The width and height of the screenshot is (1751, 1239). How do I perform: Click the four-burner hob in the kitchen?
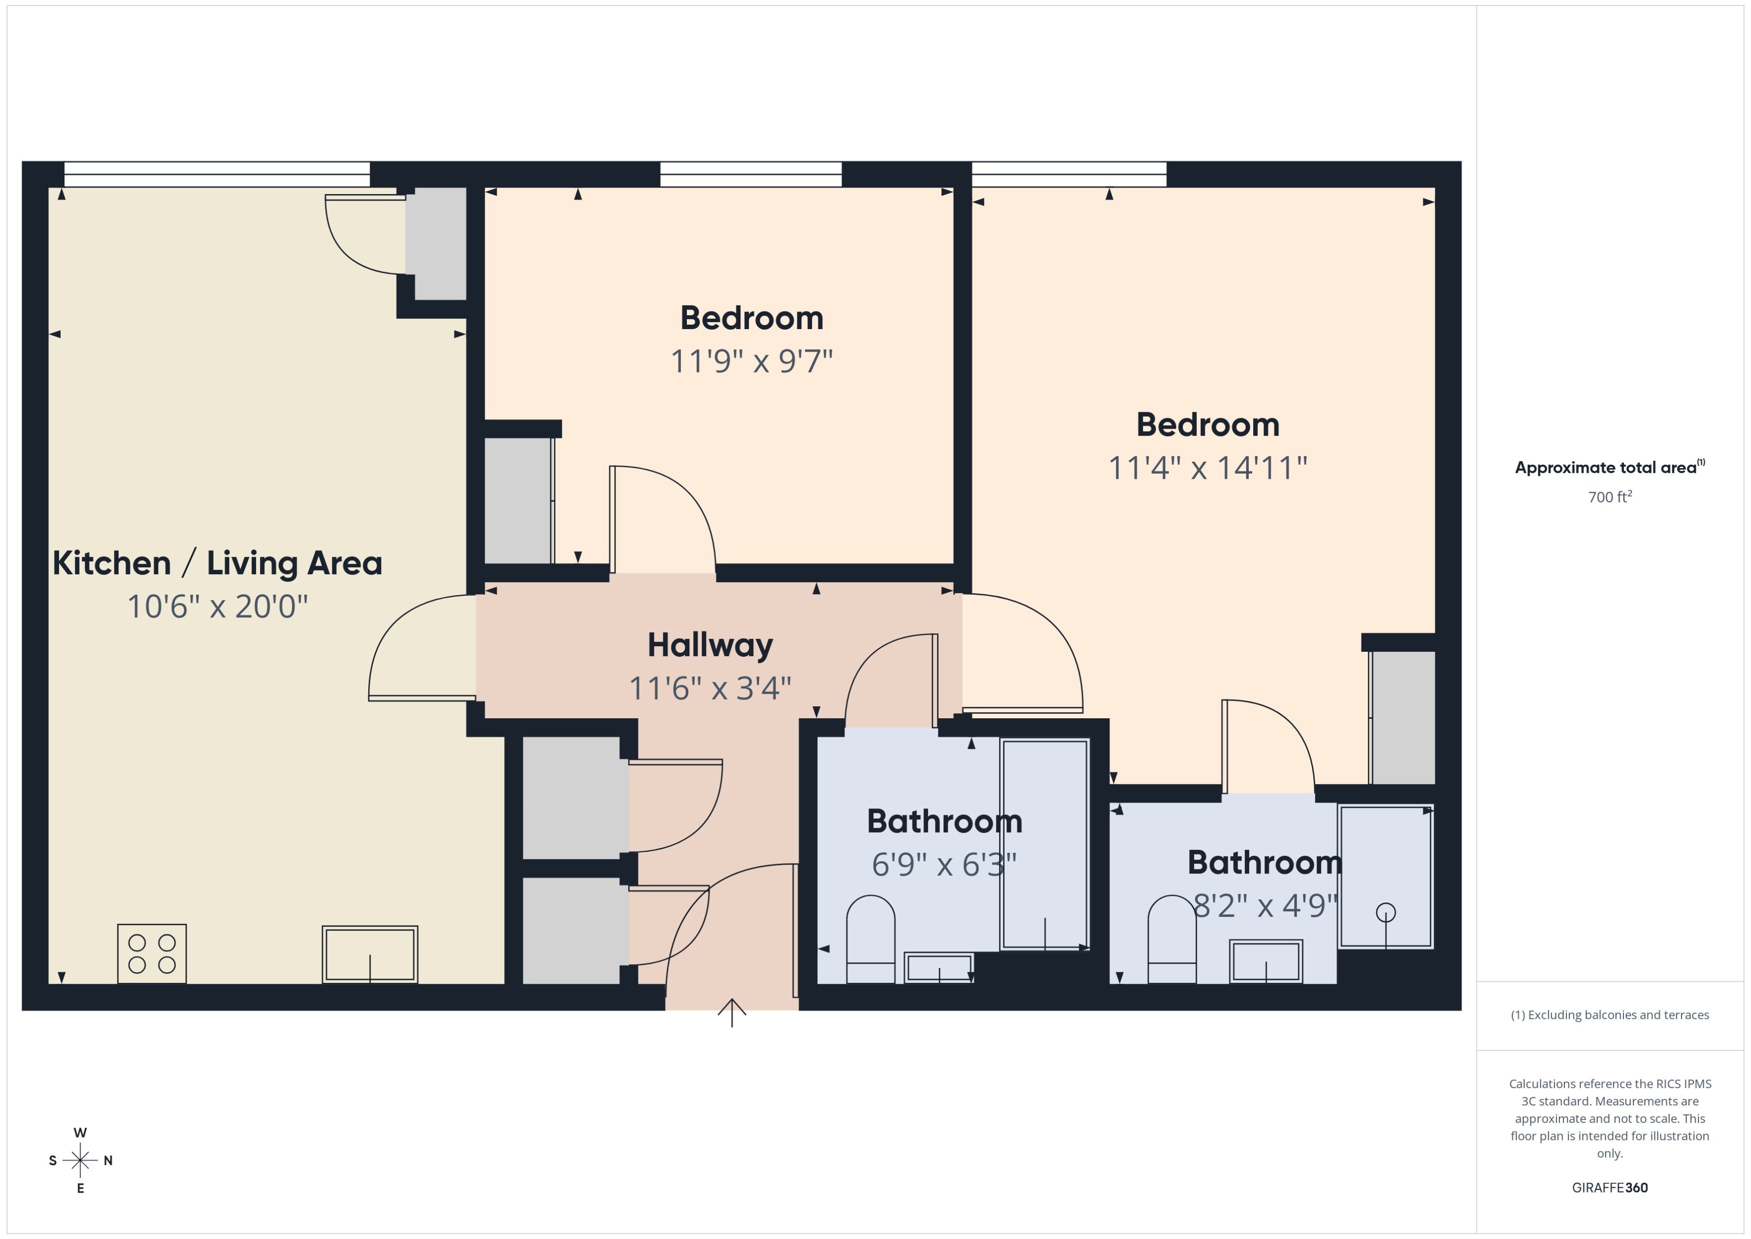coord(152,954)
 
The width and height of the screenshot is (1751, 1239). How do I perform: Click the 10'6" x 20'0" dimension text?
coord(218,607)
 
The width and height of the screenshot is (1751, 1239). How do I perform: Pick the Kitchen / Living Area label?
coord(218,564)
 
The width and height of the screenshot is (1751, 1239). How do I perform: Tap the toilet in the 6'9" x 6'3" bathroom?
coord(870,939)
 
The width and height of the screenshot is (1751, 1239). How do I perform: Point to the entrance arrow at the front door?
coord(732,1012)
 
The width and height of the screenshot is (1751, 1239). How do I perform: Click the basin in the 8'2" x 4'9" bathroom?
coord(1266,961)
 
